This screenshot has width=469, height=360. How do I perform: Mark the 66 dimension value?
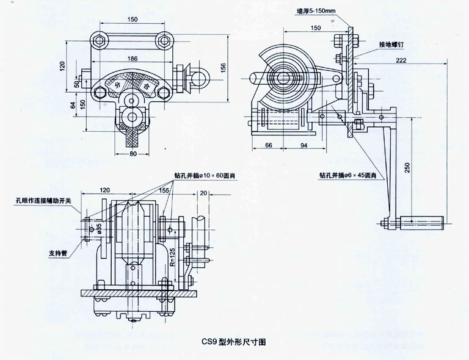(x=269, y=145)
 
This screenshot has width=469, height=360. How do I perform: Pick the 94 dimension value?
(x=303, y=145)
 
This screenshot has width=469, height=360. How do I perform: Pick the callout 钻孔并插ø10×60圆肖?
(x=203, y=176)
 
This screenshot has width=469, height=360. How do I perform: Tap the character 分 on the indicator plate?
(x=115, y=85)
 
